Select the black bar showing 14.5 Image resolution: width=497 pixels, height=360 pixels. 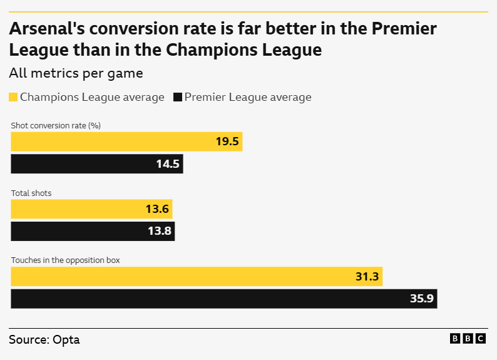coord(97,164)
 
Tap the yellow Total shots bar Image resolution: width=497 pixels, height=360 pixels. coord(91,209)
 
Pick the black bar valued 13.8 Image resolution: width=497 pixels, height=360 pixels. coord(93,231)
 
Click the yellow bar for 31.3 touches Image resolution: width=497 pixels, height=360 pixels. coord(197,276)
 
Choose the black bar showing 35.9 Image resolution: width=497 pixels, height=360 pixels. coord(223,299)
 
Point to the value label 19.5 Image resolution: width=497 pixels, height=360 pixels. coord(227,141)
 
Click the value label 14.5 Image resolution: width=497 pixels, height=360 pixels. coord(168,164)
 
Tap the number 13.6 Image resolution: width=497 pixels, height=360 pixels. coord(157,209)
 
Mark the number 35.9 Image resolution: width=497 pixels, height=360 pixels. coord(421,299)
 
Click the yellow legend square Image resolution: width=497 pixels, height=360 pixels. coord(13,97)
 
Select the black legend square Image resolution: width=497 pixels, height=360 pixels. coord(177,97)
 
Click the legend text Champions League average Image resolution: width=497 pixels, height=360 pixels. coord(92,97)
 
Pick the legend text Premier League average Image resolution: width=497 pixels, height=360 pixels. coord(247,97)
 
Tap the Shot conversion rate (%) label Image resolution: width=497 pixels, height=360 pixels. coord(56,125)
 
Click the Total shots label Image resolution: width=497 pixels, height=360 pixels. coord(31,193)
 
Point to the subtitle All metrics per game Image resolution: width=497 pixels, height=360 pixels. coord(76,73)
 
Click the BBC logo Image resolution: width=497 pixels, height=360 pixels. coord(468,339)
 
